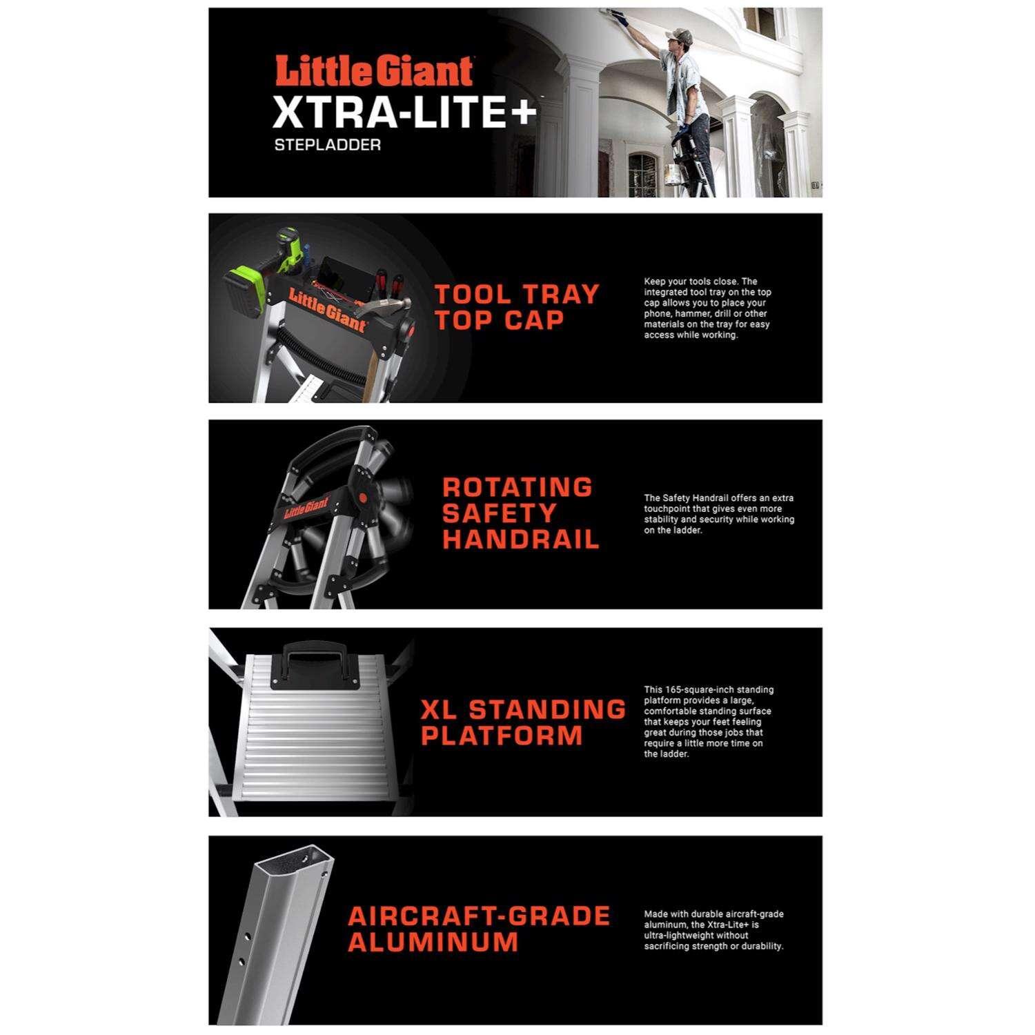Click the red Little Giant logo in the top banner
tap(374, 72)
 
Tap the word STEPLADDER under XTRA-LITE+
tap(327, 146)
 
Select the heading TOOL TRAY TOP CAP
tap(517, 307)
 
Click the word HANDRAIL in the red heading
tap(521, 540)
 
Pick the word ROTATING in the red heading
tap(517, 487)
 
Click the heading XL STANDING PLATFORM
tap(523, 722)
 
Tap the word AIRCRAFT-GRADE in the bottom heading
tap(480, 916)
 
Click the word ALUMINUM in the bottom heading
tap(433, 943)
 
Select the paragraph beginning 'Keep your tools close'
tap(707, 308)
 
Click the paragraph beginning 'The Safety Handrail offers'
tap(719, 514)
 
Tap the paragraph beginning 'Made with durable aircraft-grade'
tap(714, 930)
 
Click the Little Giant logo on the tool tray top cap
tap(327, 310)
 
